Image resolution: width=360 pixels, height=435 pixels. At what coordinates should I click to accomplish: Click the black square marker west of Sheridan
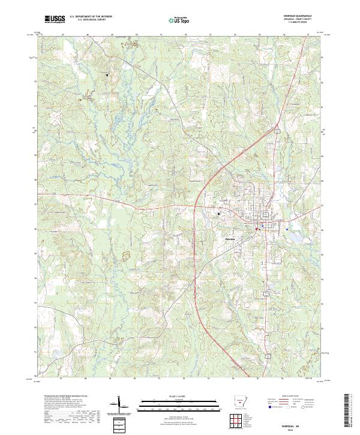(218, 214)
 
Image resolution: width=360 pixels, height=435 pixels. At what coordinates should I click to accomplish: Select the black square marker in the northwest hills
(108, 75)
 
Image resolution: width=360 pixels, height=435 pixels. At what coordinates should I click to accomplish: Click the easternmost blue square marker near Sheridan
(287, 229)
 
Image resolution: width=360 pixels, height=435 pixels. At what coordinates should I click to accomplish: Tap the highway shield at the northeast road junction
(277, 130)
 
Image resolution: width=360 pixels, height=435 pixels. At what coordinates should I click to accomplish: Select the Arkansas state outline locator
(240, 401)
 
